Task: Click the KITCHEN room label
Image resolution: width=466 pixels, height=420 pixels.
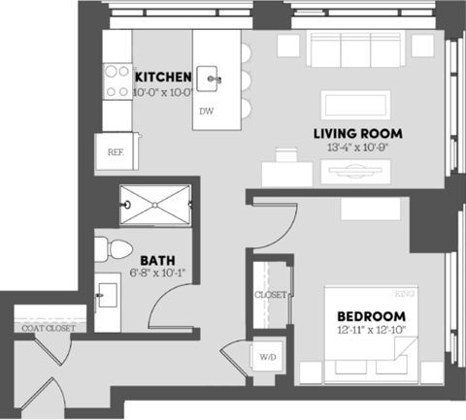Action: tap(161, 77)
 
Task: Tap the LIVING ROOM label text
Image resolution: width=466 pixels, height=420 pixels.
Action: tap(357, 134)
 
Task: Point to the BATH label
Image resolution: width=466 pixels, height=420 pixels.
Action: tap(157, 260)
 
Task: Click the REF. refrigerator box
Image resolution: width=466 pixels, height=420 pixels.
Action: tap(114, 152)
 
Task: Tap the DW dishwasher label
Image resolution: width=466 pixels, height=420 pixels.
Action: tap(206, 112)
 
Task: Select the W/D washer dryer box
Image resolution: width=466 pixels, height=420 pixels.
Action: tap(266, 357)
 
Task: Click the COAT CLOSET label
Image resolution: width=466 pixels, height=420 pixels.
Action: tap(46, 328)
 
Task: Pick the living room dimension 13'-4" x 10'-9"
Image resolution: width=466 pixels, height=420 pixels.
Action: tap(357, 147)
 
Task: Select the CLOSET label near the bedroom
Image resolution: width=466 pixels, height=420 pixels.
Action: tap(269, 294)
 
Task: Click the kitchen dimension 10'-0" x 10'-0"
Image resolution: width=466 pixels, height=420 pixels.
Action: tap(162, 91)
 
